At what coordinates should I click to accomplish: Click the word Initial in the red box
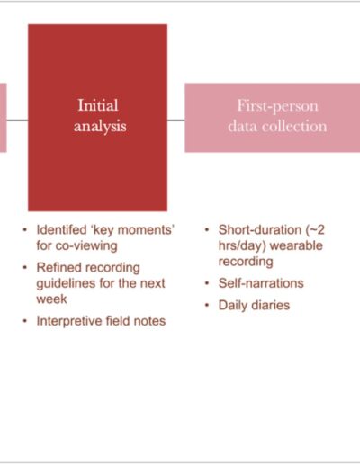click(x=98, y=105)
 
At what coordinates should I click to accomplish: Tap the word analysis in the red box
click(x=100, y=126)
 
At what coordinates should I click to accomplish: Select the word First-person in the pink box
click(x=277, y=106)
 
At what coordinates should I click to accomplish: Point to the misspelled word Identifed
click(x=61, y=230)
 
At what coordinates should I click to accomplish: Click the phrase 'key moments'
click(x=132, y=230)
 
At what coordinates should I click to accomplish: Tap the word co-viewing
click(x=86, y=245)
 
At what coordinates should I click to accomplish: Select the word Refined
click(x=57, y=267)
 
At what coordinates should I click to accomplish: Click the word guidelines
click(x=66, y=283)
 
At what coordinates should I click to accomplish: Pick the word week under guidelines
click(x=51, y=299)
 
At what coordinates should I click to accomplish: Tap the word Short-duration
click(x=260, y=230)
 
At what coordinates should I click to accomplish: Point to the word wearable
click(x=296, y=245)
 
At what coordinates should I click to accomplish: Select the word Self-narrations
click(x=261, y=283)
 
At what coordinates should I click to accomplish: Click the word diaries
click(x=271, y=305)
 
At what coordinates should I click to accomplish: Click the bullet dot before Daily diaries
click(x=207, y=305)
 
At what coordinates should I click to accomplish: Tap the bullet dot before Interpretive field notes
click(x=25, y=321)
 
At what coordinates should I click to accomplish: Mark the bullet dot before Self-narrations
click(x=207, y=283)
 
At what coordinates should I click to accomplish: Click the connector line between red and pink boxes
click(x=176, y=120)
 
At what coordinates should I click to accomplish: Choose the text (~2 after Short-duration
click(x=315, y=230)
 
